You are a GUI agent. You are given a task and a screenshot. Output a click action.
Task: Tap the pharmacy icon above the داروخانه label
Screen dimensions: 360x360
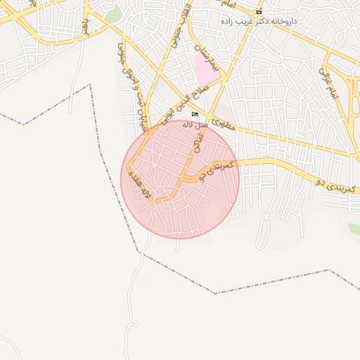coord(259,12)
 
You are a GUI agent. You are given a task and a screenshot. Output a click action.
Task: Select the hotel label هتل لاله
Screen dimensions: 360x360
coord(195,124)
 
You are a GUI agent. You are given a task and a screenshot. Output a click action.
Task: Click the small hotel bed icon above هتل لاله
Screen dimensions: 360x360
coord(195,114)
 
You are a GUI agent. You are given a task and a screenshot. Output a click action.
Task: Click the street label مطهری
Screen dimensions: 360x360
coord(223,125)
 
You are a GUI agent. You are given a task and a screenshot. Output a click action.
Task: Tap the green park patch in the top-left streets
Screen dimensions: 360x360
coord(113,15)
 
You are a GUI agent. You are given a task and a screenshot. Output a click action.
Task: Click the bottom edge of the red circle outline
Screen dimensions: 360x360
coord(180,238)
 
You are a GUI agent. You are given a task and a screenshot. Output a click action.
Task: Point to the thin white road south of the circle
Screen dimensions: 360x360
coord(134,302)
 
